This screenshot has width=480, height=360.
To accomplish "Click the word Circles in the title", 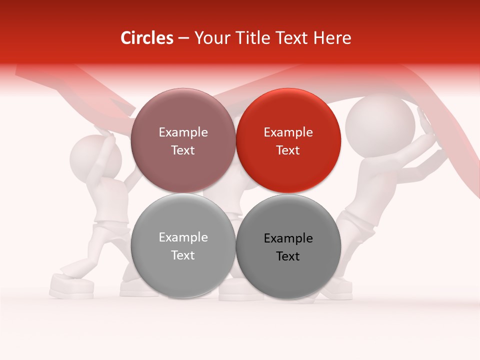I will coord(146,38).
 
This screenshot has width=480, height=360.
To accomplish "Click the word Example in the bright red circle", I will coord(288,132).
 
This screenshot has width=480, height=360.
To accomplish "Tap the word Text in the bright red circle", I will coord(288,150).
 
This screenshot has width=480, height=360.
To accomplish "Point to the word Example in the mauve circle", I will coord(183,132).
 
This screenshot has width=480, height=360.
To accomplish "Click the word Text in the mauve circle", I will coord(183,150).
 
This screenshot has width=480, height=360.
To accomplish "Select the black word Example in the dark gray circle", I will coord(288,238).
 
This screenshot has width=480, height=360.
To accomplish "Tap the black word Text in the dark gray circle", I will coord(288,256).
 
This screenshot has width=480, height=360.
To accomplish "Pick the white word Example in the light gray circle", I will coord(183,237).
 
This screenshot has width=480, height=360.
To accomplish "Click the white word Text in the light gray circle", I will coord(183,255).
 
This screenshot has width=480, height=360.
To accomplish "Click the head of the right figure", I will coord(380,124).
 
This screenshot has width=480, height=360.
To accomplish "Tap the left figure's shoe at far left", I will coord(71,286).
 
